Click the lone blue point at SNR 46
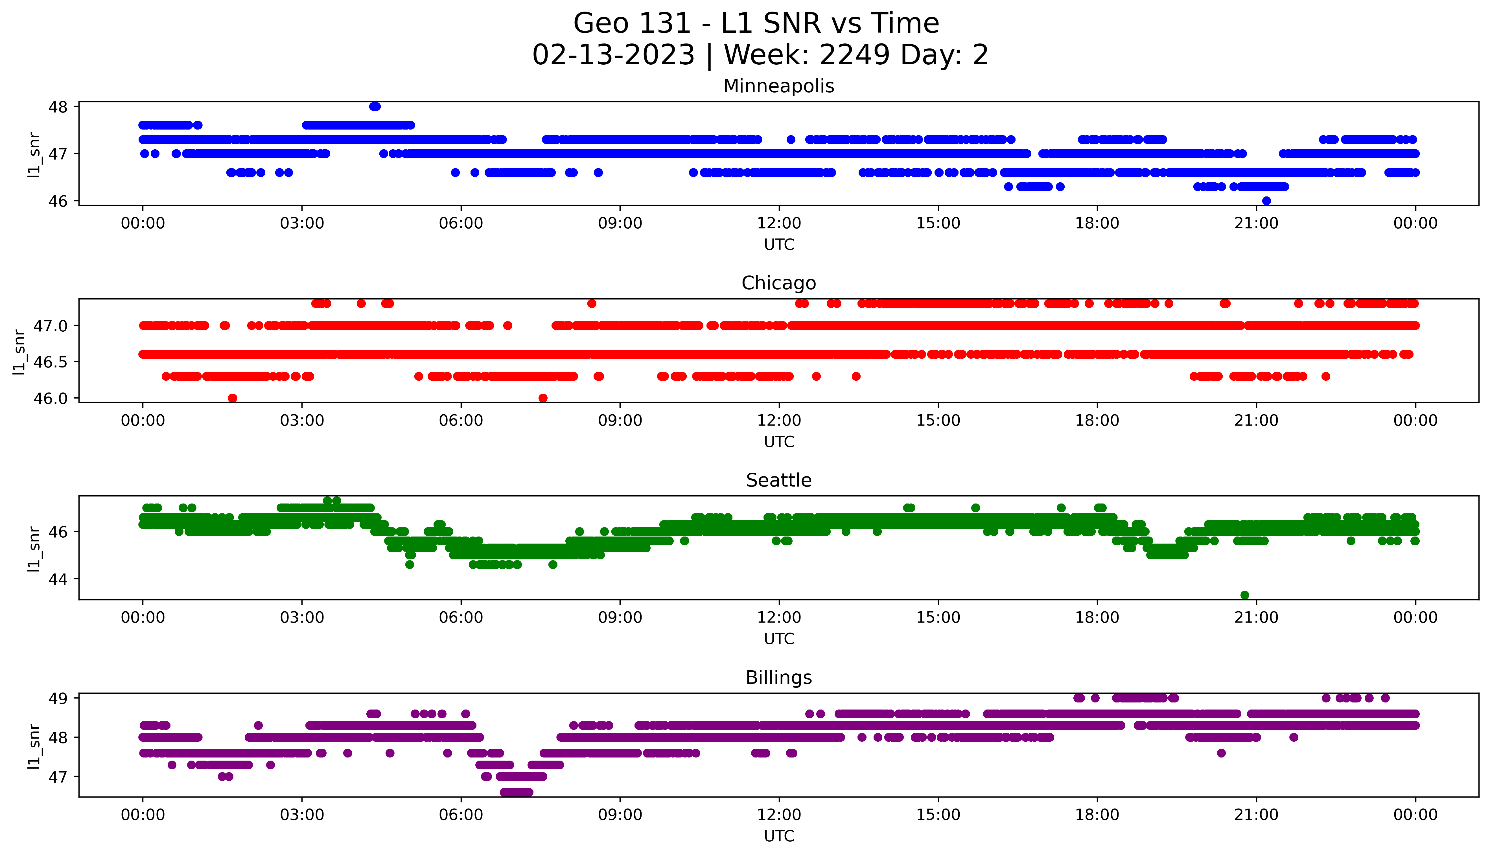[x=1267, y=201]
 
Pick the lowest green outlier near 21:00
[x=1244, y=595]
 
